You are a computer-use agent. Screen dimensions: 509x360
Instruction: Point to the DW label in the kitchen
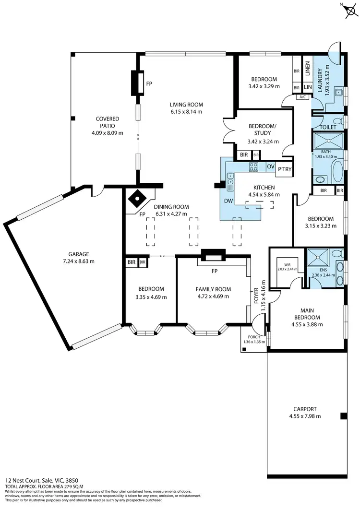pyautogui.click(x=228, y=201)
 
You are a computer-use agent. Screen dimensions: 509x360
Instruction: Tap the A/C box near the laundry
pyautogui.click(x=302, y=97)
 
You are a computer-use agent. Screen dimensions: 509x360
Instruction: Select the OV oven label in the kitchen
pyautogui.click(x=270, y=166)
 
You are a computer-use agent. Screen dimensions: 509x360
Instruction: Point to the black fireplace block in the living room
pyautogui.click(x=138, y=83)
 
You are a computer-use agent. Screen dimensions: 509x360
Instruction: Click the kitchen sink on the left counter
pyautogui.click(x=231, y=181)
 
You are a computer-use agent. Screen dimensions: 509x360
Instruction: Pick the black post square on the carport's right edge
pyautogui.click(x=343, y=416)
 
